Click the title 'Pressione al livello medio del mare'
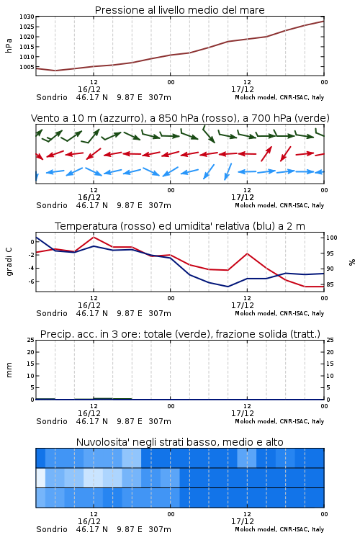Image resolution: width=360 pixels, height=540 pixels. point(179,10)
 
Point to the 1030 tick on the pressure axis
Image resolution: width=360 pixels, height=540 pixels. point(27,17)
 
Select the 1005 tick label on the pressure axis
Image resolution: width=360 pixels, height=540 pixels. point(27,67)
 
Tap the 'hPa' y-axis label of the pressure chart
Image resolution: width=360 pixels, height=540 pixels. point(9,45)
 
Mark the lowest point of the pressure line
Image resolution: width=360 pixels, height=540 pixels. point(55,71)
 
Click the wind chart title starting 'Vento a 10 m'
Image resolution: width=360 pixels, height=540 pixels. point(180,118)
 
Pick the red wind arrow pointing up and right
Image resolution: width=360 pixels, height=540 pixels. point(266,153)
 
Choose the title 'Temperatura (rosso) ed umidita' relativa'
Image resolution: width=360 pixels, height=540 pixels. point(180,226)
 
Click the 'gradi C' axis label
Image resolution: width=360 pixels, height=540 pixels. point(9,261)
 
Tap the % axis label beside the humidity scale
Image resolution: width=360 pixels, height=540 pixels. point(352,262)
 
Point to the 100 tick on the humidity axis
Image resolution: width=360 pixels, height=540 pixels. point(332,238)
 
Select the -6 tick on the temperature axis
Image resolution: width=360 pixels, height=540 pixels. point(31,282)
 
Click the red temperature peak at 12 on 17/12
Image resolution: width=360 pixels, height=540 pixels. point(247,253)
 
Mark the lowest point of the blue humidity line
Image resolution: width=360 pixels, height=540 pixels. point(228,287)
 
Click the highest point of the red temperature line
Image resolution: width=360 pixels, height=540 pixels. point(94,237)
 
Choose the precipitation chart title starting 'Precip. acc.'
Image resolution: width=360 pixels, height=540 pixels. point(180,334)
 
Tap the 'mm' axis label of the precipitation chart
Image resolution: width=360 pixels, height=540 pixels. point(9,370)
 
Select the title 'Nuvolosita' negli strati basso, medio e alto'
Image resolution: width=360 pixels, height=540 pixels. point(179,442)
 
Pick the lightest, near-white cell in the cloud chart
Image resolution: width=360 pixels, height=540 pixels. point(40,477)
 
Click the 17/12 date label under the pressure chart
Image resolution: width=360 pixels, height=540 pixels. point(243,89)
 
